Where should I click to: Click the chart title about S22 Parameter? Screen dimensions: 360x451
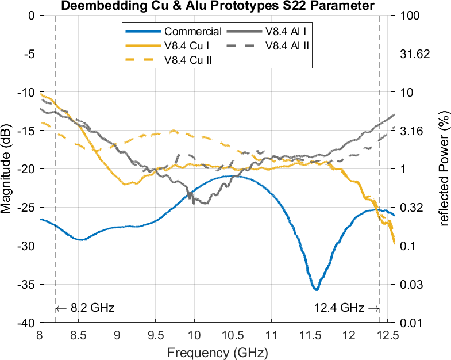coord(217,6)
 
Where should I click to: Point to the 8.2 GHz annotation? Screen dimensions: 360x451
coord(86,308)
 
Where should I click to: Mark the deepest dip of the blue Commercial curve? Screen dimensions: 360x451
coord(315,289)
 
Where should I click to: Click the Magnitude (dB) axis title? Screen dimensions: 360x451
coord(6,168)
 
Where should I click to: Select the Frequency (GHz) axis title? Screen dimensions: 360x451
coord(217,351)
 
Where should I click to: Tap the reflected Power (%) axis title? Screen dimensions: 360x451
coord(444,168)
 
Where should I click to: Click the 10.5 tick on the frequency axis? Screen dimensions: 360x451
coord(233,335)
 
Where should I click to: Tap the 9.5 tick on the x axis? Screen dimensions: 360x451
coord(155,335)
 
